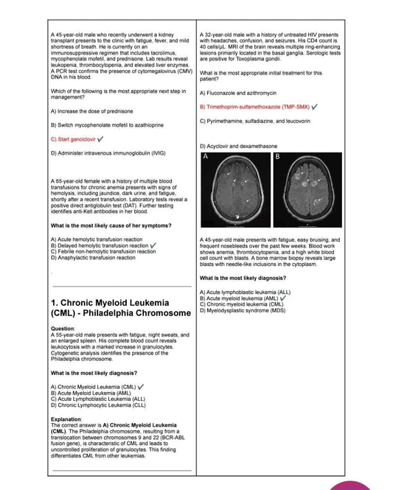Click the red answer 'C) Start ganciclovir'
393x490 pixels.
click(73, 139)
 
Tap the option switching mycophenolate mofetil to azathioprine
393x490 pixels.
click(107, 125)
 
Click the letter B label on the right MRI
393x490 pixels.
click(278, 158)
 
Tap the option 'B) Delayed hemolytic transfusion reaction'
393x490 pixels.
click(100, 245)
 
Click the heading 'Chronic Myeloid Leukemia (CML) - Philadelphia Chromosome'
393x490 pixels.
click(110, 309)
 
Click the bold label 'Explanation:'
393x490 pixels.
click(66, 419)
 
